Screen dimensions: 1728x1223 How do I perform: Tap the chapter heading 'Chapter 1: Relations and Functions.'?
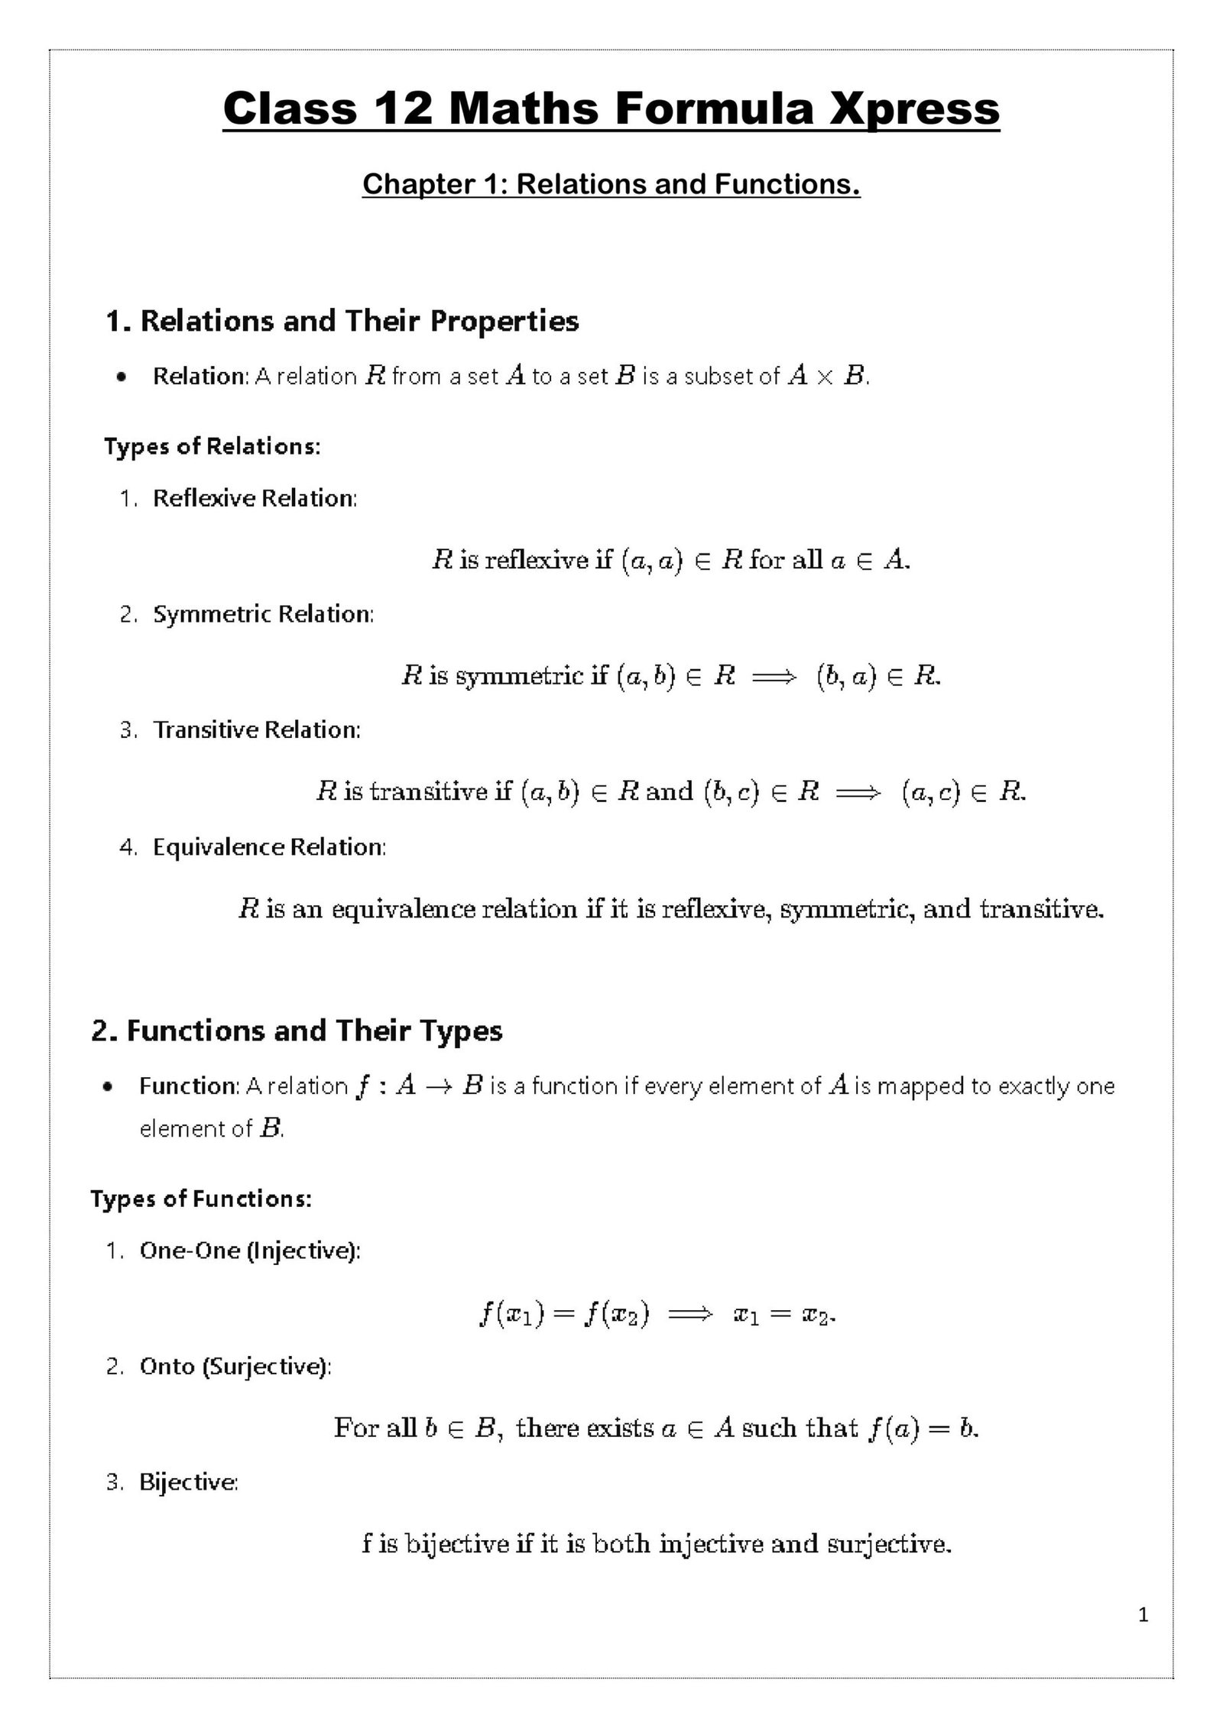[x=611, y=184]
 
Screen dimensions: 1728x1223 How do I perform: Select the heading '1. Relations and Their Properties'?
[x=342, y=321]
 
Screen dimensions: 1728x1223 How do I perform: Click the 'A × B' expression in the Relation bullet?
[x=826, y=376]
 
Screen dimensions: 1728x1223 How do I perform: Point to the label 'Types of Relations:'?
[x=212, y=446]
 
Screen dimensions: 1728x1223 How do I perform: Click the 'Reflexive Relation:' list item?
[x=255, y=498]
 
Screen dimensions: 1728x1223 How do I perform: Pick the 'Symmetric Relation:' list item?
[x=263, y=614]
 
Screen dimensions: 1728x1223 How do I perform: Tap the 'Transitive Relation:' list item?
[x=256, y=730]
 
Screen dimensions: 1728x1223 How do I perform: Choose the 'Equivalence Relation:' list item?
[x=269, y=847]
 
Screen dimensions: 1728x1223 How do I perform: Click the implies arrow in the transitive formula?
[x=859, y=793]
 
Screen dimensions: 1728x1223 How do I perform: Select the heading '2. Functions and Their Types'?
[x=297, y=1031]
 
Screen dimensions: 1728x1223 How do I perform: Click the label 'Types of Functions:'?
[x=201, y=1199]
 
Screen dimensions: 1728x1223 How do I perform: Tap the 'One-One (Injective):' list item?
[x=249, y=1251]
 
